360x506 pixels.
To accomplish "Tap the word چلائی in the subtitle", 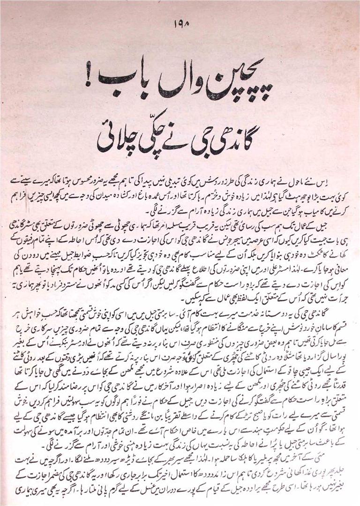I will click(115, 140).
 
